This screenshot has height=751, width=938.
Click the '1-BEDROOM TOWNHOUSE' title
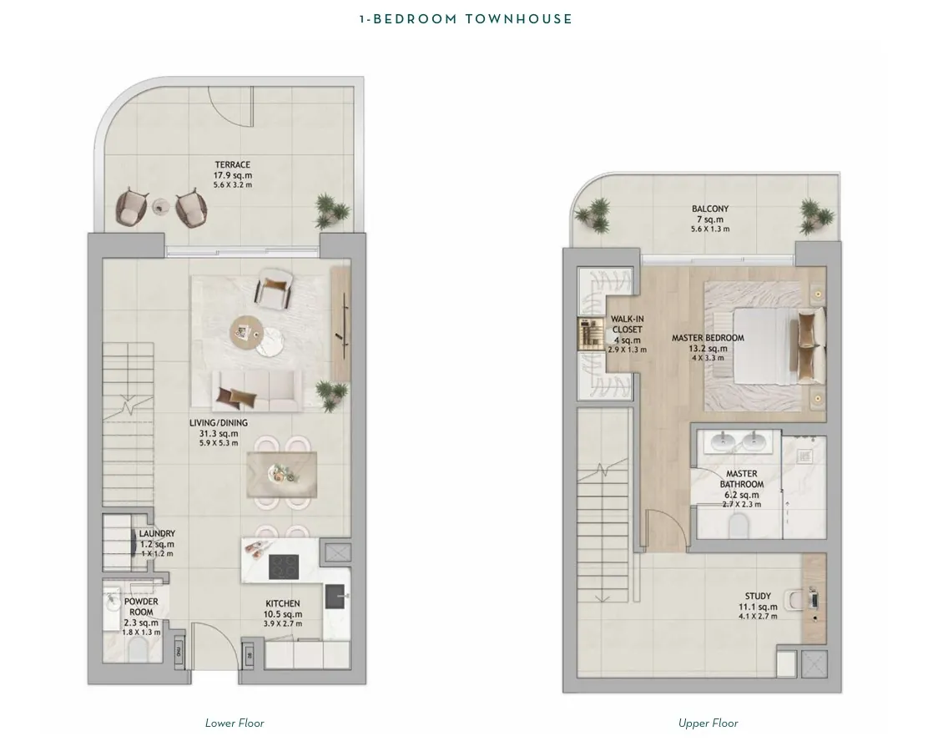point(466,19)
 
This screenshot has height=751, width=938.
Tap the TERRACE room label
point(233,164)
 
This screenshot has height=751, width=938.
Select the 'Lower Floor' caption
point(234,723)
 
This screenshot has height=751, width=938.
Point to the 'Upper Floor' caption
point(709,723)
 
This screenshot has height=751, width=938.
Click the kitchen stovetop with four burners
point(284,567)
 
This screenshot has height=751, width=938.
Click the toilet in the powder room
point(140,648)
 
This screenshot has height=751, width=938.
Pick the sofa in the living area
point(257,391)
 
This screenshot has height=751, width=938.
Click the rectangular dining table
point(282,475)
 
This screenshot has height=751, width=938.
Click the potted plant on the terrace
point(330,209)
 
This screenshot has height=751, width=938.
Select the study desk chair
point(794,598)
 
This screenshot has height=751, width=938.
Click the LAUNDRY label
point(157,533)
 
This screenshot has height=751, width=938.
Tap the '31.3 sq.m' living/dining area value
point(219,434)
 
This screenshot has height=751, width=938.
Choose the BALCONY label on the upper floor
point(710,209)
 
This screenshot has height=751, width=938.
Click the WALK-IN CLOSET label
point(627,324)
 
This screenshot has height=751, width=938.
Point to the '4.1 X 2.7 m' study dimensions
point(758,616)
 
